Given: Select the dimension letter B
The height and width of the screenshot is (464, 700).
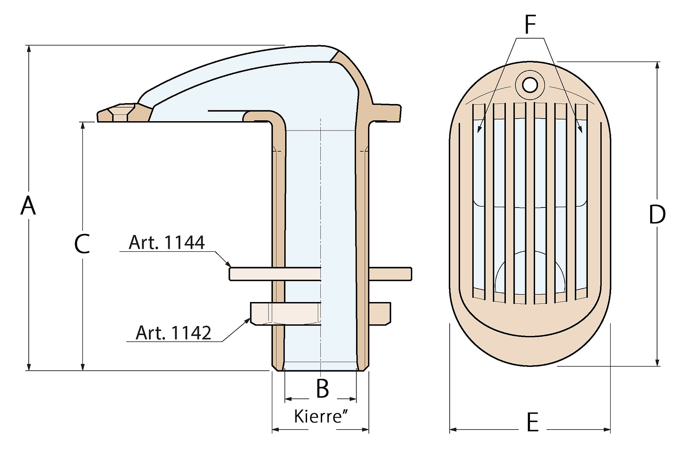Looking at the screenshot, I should coord(322,388).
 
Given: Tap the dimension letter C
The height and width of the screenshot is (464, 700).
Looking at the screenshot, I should coord(82,244).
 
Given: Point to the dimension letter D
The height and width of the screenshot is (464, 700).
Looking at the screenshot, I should coord(657,214).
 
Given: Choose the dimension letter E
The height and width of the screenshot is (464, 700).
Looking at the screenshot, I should coord(532,422).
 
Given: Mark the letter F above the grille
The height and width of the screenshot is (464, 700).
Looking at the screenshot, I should coord(530,25).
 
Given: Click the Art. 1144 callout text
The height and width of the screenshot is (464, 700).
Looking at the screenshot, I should coord(167,243).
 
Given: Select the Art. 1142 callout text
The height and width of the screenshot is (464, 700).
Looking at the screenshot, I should coord(173,333).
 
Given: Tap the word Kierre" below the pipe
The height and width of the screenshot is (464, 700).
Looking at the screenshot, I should coord(320,416).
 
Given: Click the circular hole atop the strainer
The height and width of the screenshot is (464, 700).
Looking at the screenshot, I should coord(531,84).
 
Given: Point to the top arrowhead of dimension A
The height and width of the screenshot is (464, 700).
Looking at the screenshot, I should coord(29,49).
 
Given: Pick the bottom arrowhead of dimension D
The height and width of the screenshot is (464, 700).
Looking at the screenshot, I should coord(657,363).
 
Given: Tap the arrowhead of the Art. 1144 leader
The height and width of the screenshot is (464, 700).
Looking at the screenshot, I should coord(229,265).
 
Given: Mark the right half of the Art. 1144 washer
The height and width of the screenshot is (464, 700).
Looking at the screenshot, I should coord(390,273).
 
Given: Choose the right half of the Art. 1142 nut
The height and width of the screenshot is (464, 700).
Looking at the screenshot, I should coord(380,313).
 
